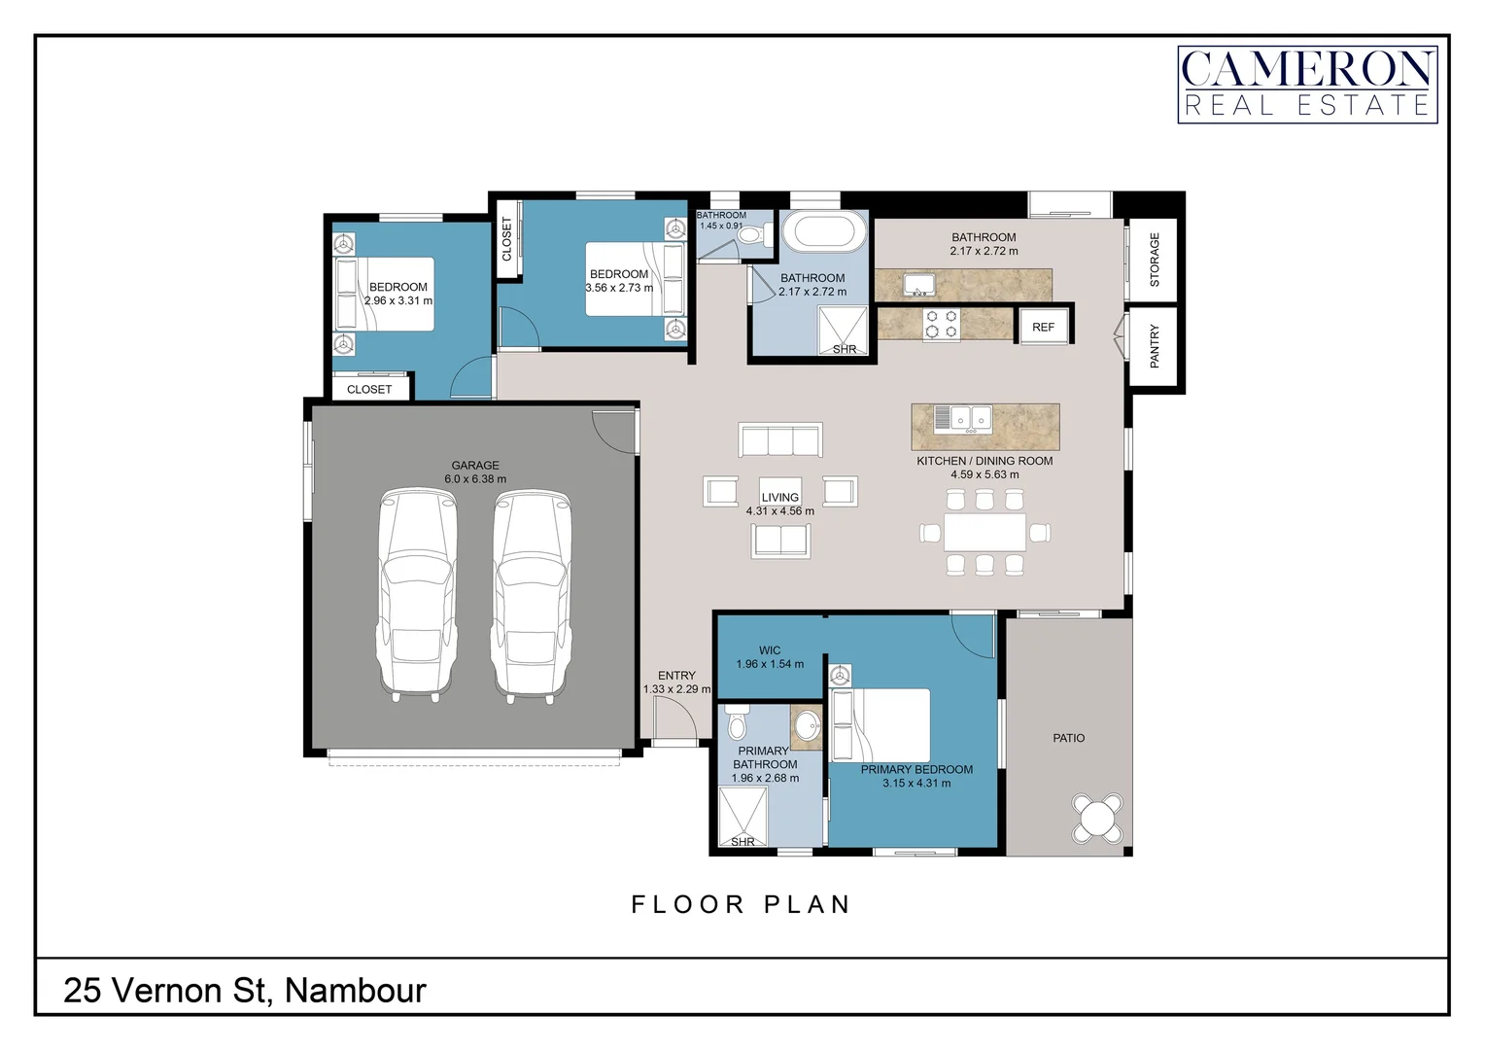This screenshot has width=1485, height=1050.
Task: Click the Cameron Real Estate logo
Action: point(1307,85)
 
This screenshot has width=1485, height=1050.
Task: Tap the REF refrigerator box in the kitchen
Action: point(1043,327)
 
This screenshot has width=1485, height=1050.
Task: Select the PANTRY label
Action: point(1155,346)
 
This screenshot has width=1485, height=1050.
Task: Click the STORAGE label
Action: point(1155,260)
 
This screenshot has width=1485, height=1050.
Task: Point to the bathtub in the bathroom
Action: point(824,232)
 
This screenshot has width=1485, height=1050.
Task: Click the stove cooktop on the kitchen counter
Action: point(940,324)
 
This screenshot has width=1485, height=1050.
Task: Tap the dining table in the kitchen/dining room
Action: point(984,532)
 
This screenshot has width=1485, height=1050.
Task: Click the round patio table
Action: point(1098,818)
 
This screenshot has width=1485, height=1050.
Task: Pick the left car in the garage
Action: point(416,594)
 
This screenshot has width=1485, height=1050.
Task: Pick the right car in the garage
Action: point(532,594)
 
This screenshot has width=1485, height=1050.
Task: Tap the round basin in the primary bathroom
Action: point(807,726)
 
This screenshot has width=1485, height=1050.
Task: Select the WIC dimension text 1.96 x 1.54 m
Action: point(770,664)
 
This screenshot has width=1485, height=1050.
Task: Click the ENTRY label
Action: point(676,676)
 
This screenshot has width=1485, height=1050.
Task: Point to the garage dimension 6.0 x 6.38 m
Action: point(475,479)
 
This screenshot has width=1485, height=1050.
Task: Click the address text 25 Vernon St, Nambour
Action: point(245,991)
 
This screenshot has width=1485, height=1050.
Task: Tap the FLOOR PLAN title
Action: point(742,905)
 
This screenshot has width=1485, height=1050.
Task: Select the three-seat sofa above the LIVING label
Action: point(780,439)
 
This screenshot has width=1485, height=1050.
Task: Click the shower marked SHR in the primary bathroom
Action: point(742,816)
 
